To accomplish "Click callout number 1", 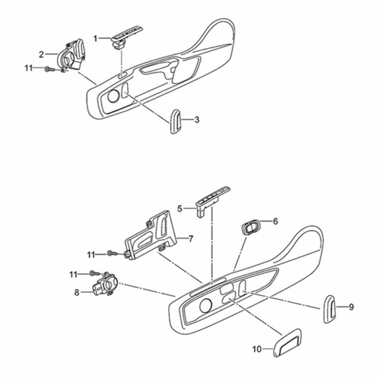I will click(x=95, y=38).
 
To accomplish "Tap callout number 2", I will click(x=41, y=54).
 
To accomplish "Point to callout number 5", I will click(x=180, y=208).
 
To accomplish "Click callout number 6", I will click(x=275, y=221).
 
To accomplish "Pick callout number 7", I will click(x=190, y=239).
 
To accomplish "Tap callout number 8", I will click(x=77, y=292).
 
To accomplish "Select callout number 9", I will click(x=351, y=307).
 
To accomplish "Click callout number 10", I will click(x=257, y=349).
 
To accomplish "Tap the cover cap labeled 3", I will click(x=175, y=122).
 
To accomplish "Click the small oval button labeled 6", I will click(x=250, y=227).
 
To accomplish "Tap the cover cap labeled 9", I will click(x=330, y=309).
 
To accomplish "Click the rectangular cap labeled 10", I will click(x=287, y=341).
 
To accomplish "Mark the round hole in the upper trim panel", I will click(x=114, y=96).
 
